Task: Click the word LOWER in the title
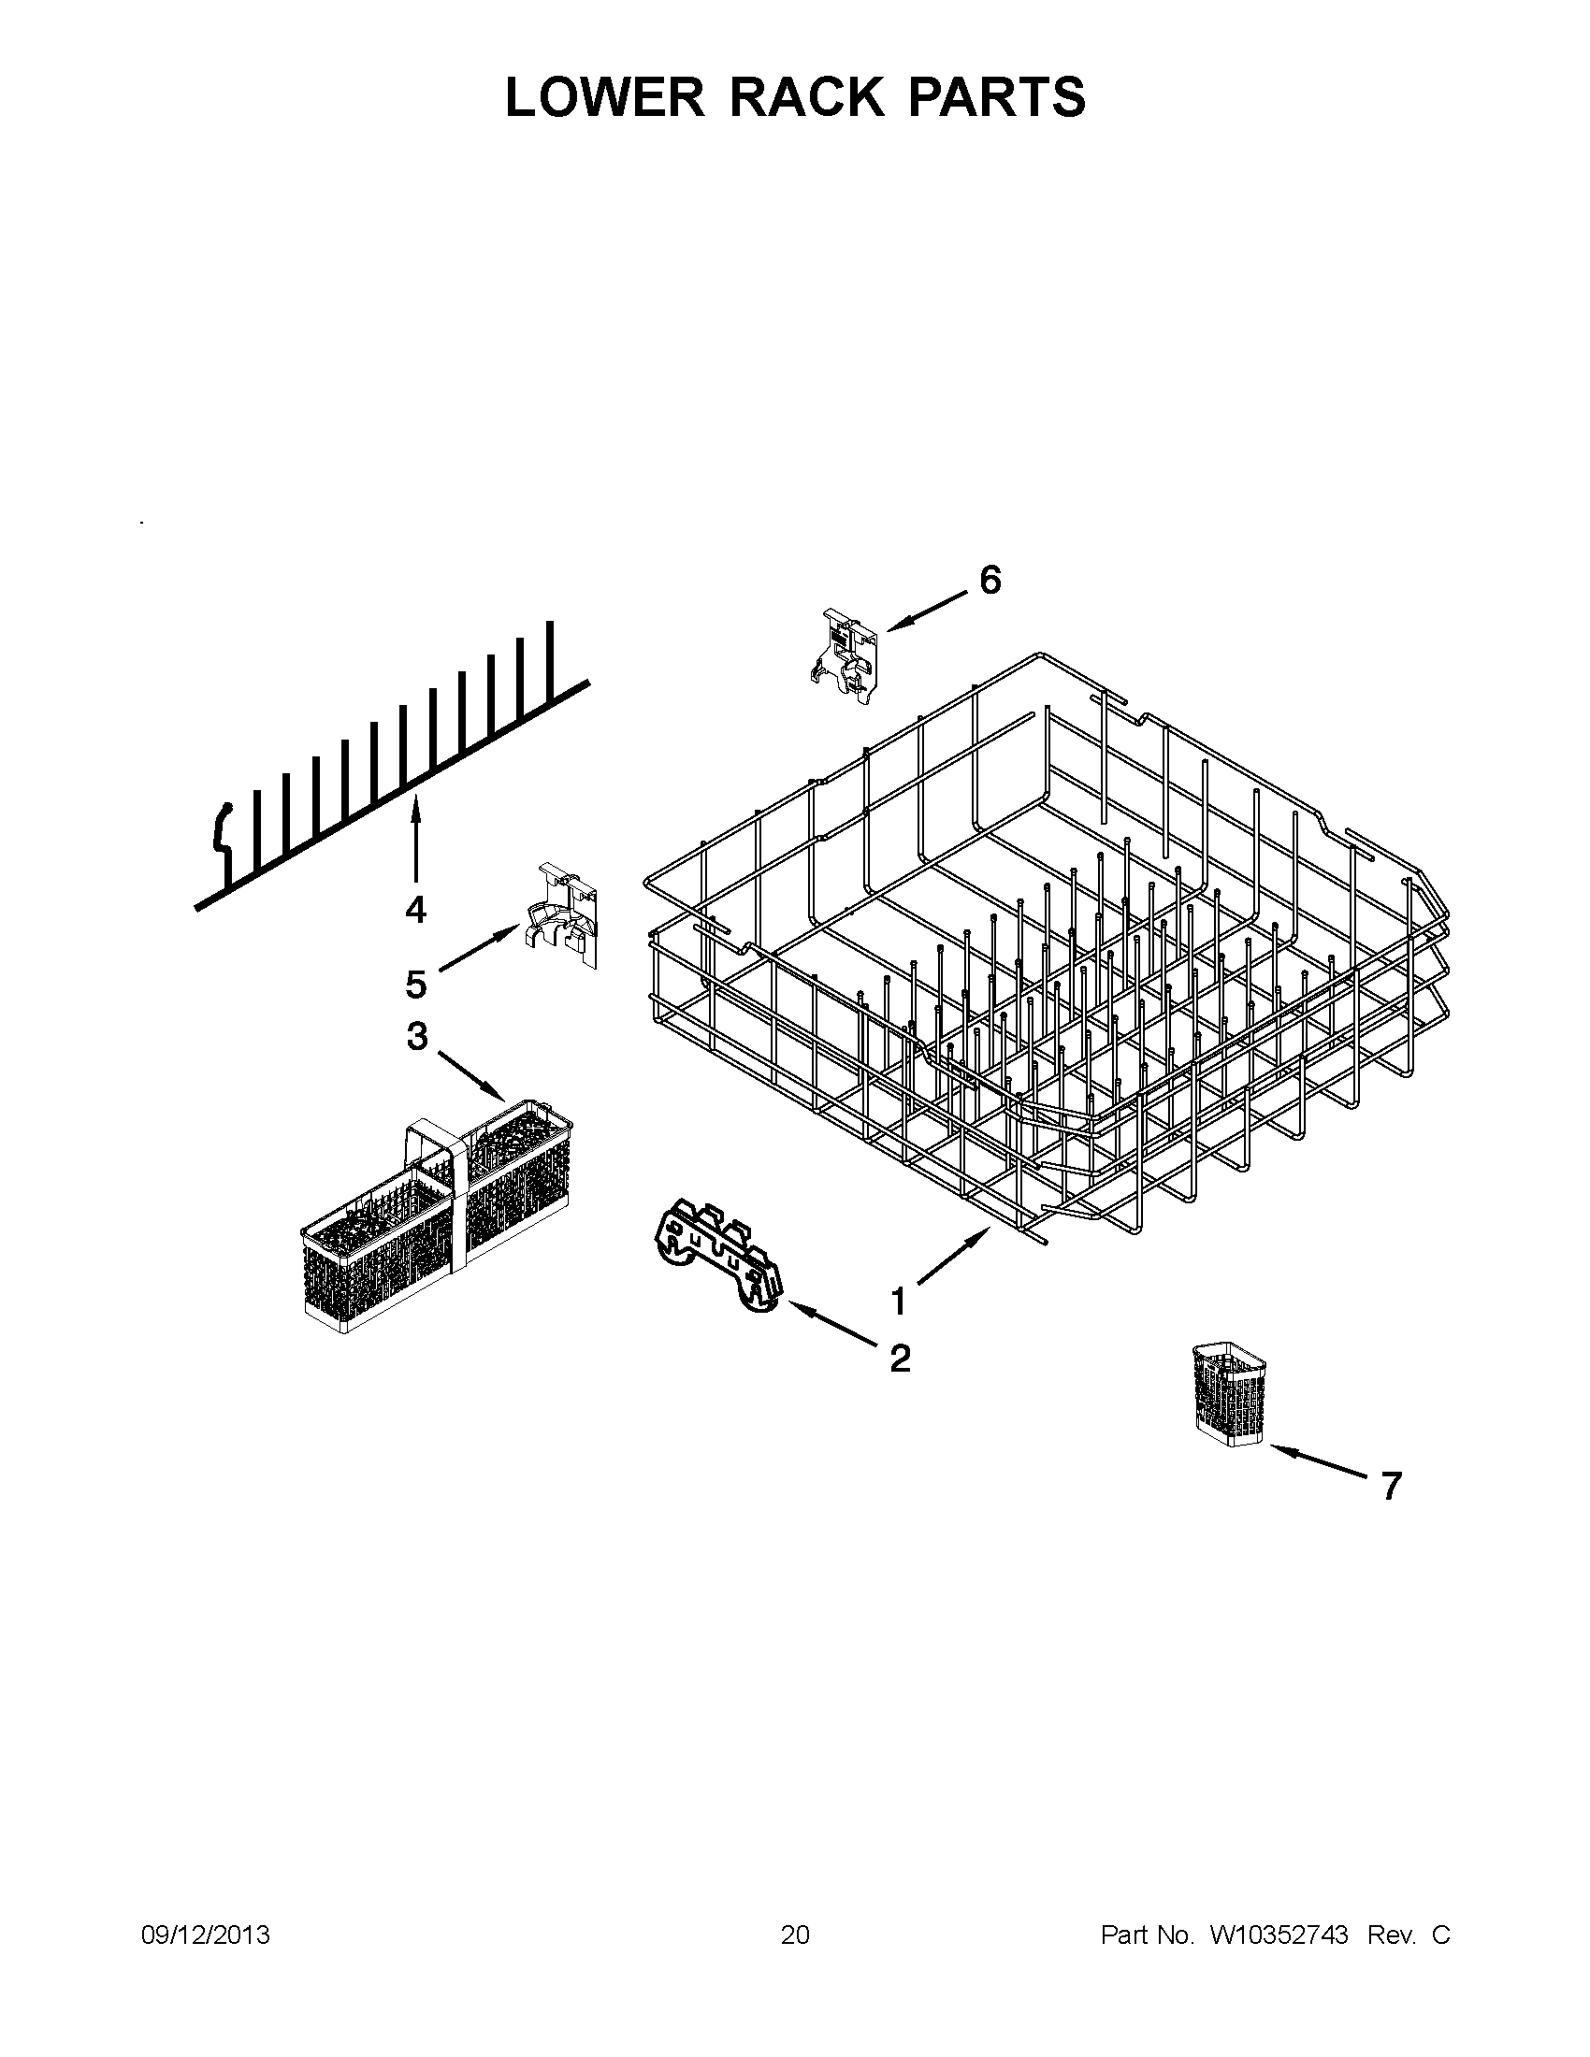(x=604, y=97)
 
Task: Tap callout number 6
(x=990, y=581)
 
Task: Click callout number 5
(x=416, y=985)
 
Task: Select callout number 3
(x=417, y=1037)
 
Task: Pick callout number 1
(x=899, y=1302)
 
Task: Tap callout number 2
(x=901, y=1358)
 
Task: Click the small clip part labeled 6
(x=845, y=655)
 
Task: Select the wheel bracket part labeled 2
(x=717, y=1258)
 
